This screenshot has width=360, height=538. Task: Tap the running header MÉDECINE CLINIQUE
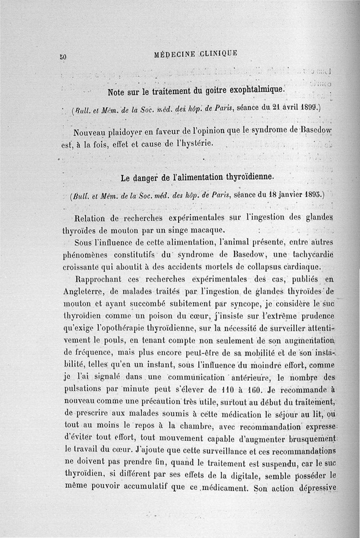pyautogui.click(x=195, y=53)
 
